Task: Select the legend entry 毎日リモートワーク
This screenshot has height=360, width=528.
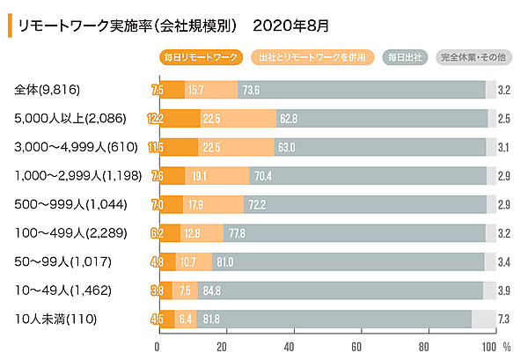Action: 201,57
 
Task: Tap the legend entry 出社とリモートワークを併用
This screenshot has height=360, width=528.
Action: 311,57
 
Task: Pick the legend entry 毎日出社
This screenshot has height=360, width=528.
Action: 404,57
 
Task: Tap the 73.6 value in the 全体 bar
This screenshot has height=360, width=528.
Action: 251,90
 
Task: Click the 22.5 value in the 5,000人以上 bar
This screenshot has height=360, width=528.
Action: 211,118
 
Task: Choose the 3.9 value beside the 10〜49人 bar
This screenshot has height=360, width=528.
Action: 504,290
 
